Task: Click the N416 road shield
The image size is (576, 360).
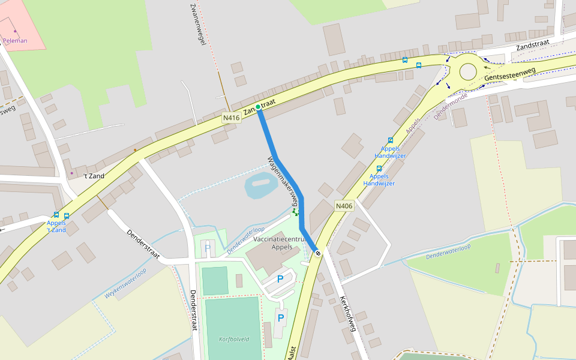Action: click(231, 118)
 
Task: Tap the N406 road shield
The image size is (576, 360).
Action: click(344, 206)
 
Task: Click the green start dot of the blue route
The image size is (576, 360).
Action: click(258, 107)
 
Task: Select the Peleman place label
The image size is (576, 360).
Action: click(15, 41)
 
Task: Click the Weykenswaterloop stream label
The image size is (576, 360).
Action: click(125, 283)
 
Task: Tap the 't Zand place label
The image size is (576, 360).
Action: click(94, 176)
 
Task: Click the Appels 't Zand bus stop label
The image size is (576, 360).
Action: click(56, 226)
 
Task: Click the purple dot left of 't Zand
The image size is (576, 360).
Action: click(71, 173)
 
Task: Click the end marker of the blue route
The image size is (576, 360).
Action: click(317, 253)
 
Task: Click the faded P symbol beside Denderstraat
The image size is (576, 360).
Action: click(208, 247)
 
